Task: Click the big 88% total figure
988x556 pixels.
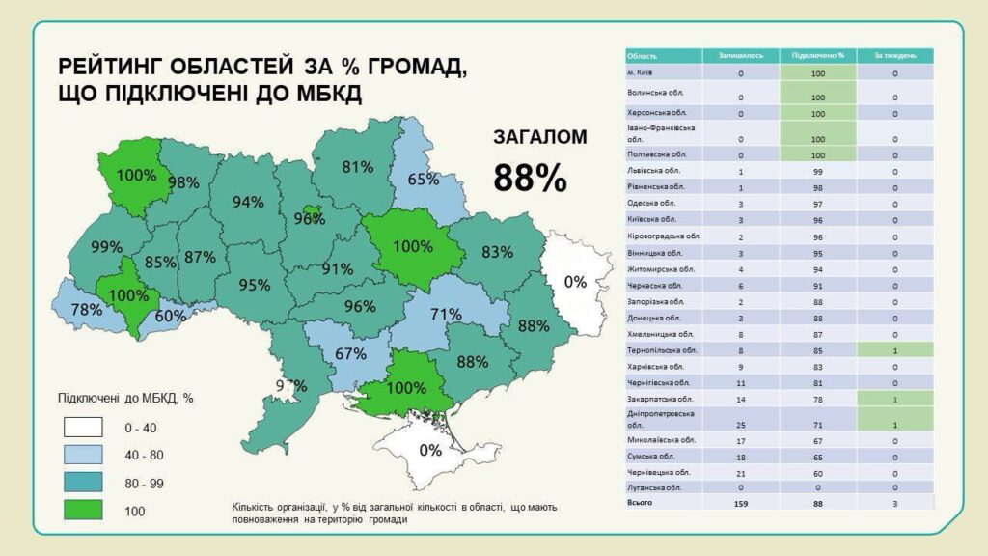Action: tap(530, 177)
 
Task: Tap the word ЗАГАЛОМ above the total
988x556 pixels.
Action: tap(539, 137)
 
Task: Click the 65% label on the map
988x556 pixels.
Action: tap(423, 179)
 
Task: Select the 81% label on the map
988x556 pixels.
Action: tap(357, 166)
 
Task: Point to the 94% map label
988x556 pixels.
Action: tap(248, 202)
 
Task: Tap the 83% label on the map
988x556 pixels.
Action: tap(497, 252)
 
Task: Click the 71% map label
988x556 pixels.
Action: tap(446, 314)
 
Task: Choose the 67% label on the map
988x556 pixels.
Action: tap(351, 353)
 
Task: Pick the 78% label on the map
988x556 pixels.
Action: tap(87, 310)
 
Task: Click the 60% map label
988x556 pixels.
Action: tap(171, 316)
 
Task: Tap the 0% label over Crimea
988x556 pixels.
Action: tap(430, 450)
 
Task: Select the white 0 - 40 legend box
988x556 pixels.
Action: tap(83, 426)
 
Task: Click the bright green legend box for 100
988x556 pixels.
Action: tap(83, 510)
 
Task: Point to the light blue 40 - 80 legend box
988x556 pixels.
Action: tap(83, 454)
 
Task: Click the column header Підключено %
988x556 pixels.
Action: tap(818, 55)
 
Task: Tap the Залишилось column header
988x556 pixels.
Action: tap(741, 55)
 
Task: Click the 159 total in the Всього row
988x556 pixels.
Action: tap(741, 502)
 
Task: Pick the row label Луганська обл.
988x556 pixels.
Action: tap(653, 487)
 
